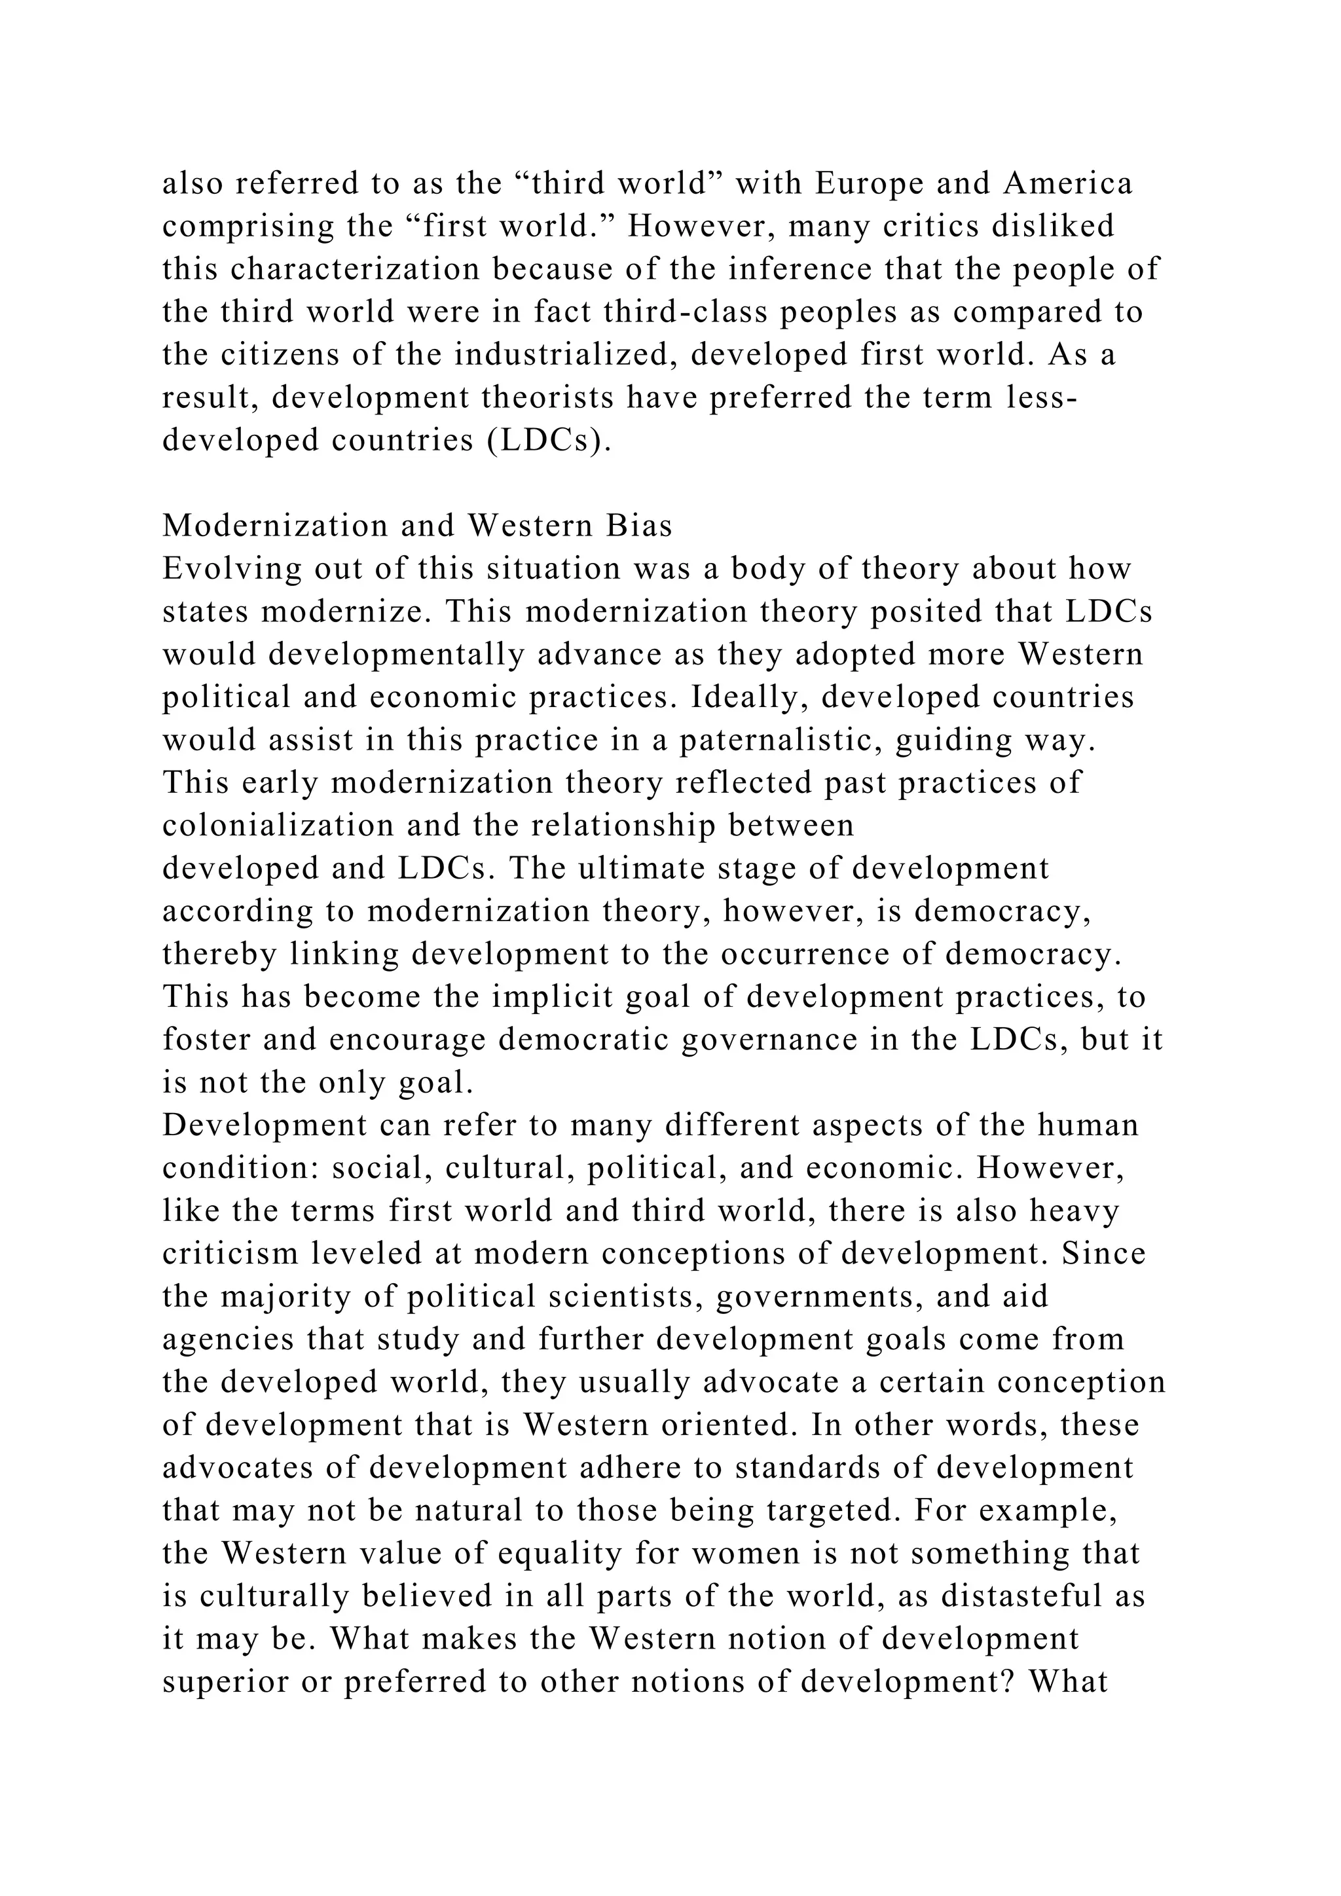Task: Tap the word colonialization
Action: coord(266,826)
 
